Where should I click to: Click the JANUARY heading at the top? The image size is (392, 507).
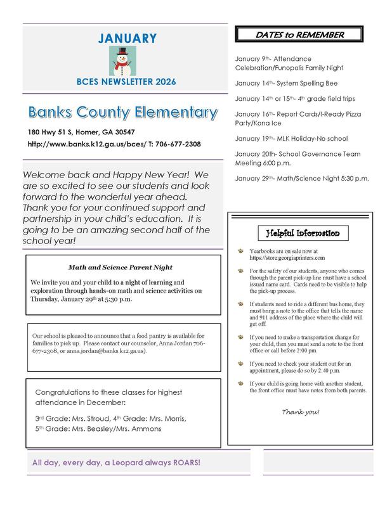coord(127,39)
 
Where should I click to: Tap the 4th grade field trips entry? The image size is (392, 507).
coord(295,99)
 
